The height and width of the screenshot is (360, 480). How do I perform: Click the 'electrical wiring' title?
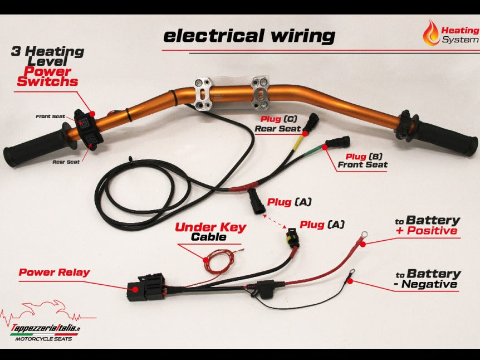pos(249,36)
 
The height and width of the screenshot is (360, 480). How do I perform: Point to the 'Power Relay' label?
pos(54,273)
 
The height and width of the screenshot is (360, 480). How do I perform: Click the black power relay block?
pos(146,287)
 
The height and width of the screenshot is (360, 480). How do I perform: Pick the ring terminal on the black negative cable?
pos(350,273)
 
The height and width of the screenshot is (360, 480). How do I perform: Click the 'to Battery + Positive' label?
pos(427,225)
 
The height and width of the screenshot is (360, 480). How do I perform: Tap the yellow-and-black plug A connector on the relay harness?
pos(292,238)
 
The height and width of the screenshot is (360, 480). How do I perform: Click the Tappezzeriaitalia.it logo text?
pos(46,328)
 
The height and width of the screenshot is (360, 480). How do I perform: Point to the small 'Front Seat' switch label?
pos(50,116)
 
